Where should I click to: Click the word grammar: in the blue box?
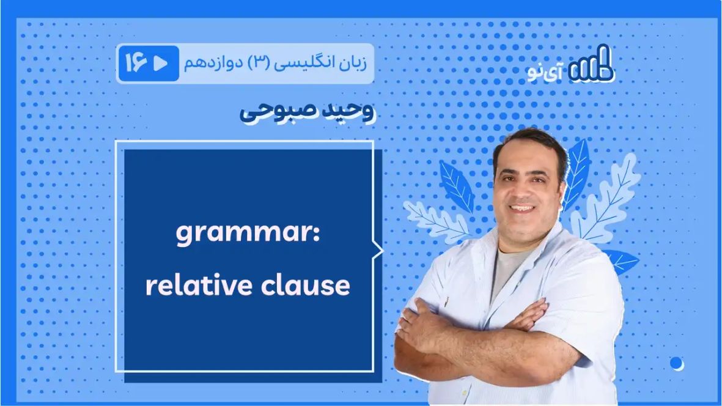[248, 234]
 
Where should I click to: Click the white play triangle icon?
[161, 64]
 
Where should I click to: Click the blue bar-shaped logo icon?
[590, 66]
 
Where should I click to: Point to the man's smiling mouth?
[523, 208]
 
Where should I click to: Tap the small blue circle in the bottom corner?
[676, 363]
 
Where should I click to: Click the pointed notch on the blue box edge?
[379, 250]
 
